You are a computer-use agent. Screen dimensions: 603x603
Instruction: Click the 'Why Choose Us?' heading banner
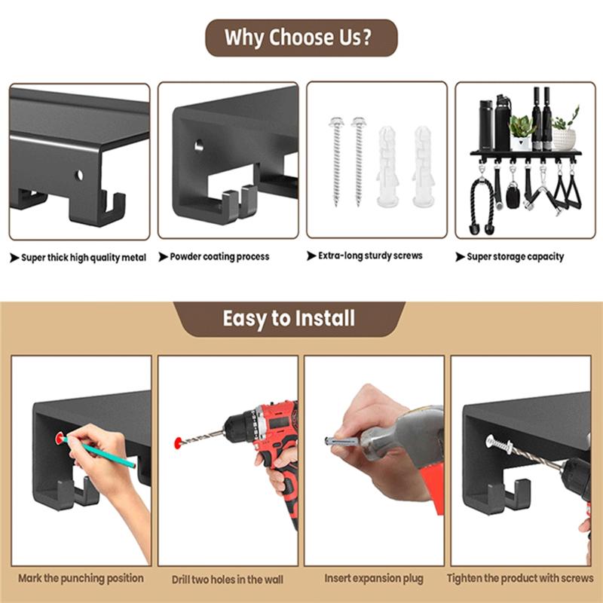click(301, 38)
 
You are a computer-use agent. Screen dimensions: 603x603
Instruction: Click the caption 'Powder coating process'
click(219, 257)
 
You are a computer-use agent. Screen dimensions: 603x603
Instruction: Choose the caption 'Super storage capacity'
click(515, 257)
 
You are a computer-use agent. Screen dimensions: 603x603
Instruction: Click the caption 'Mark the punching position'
click(81, 578)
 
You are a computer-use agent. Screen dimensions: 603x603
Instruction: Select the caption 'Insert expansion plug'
click(372, 579)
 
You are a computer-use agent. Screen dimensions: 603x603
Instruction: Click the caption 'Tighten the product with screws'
click(520, 579)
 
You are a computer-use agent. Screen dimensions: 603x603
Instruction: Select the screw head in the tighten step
click(492, 441)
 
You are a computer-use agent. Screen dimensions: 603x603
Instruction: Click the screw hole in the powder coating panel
click(200, 143)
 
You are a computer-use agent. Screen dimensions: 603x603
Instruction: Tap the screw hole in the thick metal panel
click(78, 175)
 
